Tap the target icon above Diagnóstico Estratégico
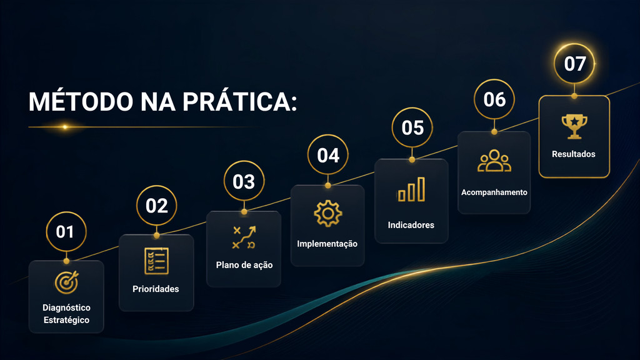coord(66,282)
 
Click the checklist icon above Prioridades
coord(156,261)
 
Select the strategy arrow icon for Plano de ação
coord(244,237)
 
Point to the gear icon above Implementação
coord(327,213)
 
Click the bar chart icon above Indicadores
coord(411,189)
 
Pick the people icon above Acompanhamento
coord(494,161)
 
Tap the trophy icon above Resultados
coord(574,126)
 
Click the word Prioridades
coord(156,289)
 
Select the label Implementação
coord(327,244)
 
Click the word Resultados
coord(574,154)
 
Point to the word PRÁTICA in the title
coord(239,101)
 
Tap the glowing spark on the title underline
coord(65,127)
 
